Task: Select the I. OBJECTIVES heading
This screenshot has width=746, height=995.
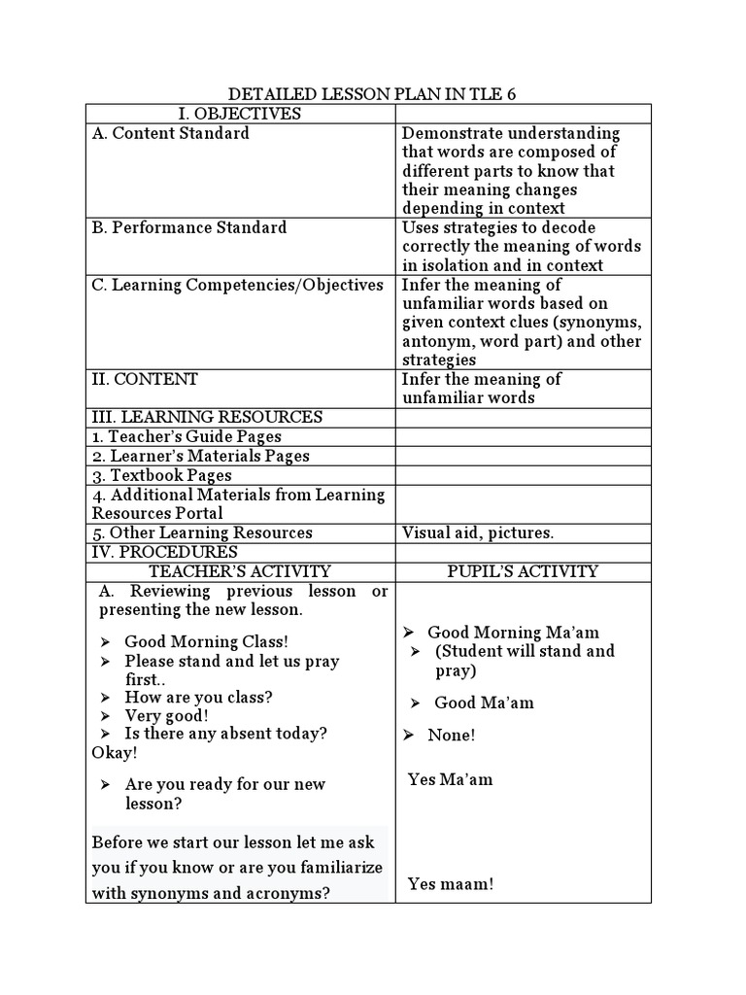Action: pyautogui.click(x=240, y=114)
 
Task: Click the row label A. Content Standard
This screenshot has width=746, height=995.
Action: pyautogui.click(x=170, y=133)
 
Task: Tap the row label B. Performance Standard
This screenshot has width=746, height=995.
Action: pyautogui.click(x=189, y=227)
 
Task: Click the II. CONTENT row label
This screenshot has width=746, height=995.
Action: pyautogui.click(x=145, y=379)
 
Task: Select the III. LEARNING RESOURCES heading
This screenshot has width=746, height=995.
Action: pyautogui.click(x=207, y=417)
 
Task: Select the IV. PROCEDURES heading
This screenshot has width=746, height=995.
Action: pyautogui.click(x=165, y=552)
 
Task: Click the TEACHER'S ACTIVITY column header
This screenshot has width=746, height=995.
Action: pyautogui.click(x=240, y=571)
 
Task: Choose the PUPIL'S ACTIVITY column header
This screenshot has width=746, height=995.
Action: pyautogui.click(x=523, y=571)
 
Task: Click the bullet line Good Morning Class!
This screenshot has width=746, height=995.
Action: pyautogui.click(x=206, y=642)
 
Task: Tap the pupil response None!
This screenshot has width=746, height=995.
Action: pyautogui.click(x=452, y=736)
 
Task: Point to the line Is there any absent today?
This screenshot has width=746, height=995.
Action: pyautogui.click(x=225, y=734)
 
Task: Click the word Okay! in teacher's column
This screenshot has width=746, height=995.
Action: pyautogui.click(x=115, y=753)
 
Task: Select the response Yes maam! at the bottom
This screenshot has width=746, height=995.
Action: pyautogui.click(x=451, y=884)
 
